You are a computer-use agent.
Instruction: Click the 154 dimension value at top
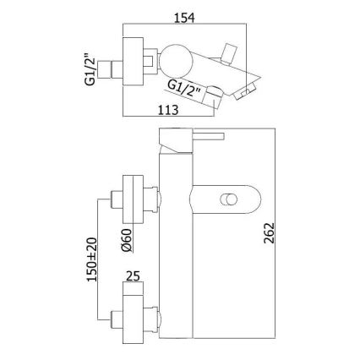184,18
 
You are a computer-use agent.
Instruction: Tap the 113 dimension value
168,110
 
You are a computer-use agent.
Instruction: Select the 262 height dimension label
269,233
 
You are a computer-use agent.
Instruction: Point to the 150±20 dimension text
92,259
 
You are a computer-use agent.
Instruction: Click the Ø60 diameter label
127,240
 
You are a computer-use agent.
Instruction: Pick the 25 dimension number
133,276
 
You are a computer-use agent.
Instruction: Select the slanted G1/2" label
184,88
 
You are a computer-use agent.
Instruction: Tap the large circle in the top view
176,61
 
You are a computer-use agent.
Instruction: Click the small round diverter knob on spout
228,200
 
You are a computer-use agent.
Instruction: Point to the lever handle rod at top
208,136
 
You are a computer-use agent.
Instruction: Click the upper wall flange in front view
133,199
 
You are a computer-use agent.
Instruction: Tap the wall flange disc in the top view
133,61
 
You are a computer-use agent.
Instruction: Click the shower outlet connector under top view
212,95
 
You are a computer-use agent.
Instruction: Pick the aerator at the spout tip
245,91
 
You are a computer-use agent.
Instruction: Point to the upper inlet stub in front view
117,199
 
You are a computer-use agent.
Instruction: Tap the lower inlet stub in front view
117,319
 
